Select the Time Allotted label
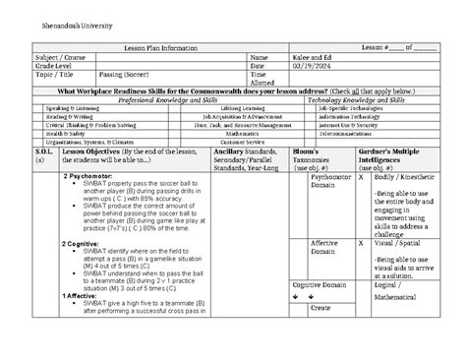click(x=260, y=80)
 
